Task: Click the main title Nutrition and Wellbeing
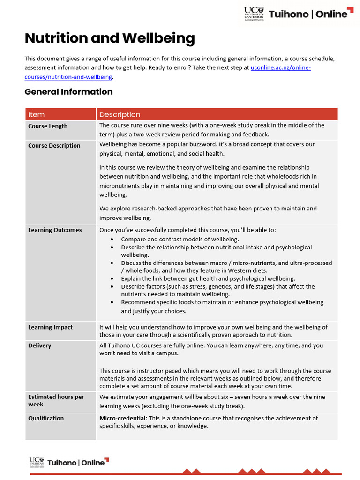pos(109,38)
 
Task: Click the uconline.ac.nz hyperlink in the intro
pos(280,68)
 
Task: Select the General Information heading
pos(68,92)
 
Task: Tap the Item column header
pos(37,114)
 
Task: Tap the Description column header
pos(120,114)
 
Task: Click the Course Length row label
pos(48,126)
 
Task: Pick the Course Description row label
pos(54,146)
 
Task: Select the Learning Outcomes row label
pos(55,230)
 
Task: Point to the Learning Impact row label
pos(50,327)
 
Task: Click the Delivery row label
pos(40,345)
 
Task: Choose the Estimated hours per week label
pos(56,400)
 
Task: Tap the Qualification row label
pos(46,418)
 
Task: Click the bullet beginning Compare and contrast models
pos(180,239)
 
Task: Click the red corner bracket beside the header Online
pos(351,10)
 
